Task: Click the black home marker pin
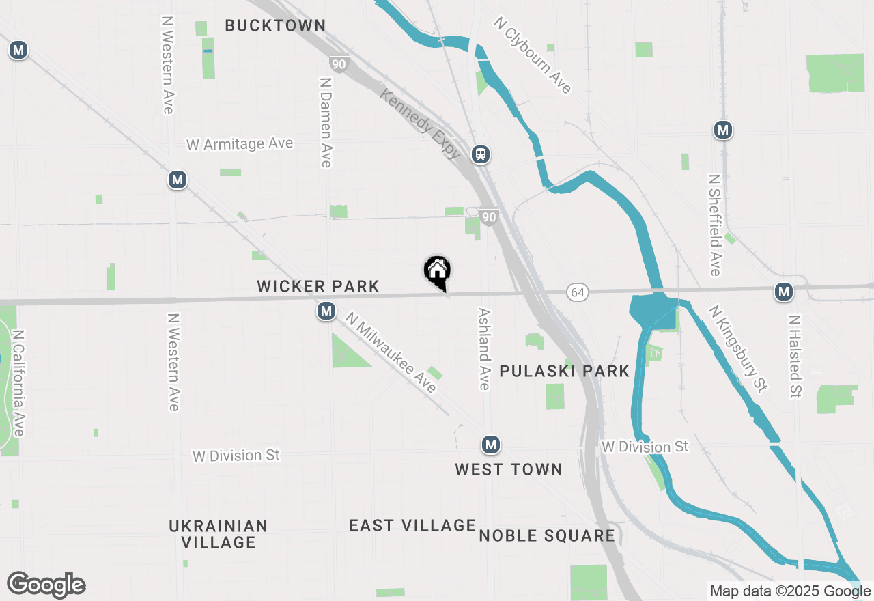point(438,271)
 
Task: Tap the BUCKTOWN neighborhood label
point(275,26)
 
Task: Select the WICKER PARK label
point(318,286)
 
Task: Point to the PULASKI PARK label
point(565,371)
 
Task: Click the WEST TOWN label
point(509,469)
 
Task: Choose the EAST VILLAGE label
point(412,525)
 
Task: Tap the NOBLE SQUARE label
point(547,535)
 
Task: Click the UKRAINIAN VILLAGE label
point(218,534)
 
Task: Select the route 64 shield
point(578,292)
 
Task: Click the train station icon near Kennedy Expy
point(481,154)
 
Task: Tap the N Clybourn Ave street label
point(533,55)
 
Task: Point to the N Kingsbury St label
point(738,348)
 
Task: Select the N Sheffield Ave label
point(715,225)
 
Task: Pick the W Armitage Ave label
point(240,144)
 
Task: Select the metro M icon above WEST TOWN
point(490,445)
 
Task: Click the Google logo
point(46,585)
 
